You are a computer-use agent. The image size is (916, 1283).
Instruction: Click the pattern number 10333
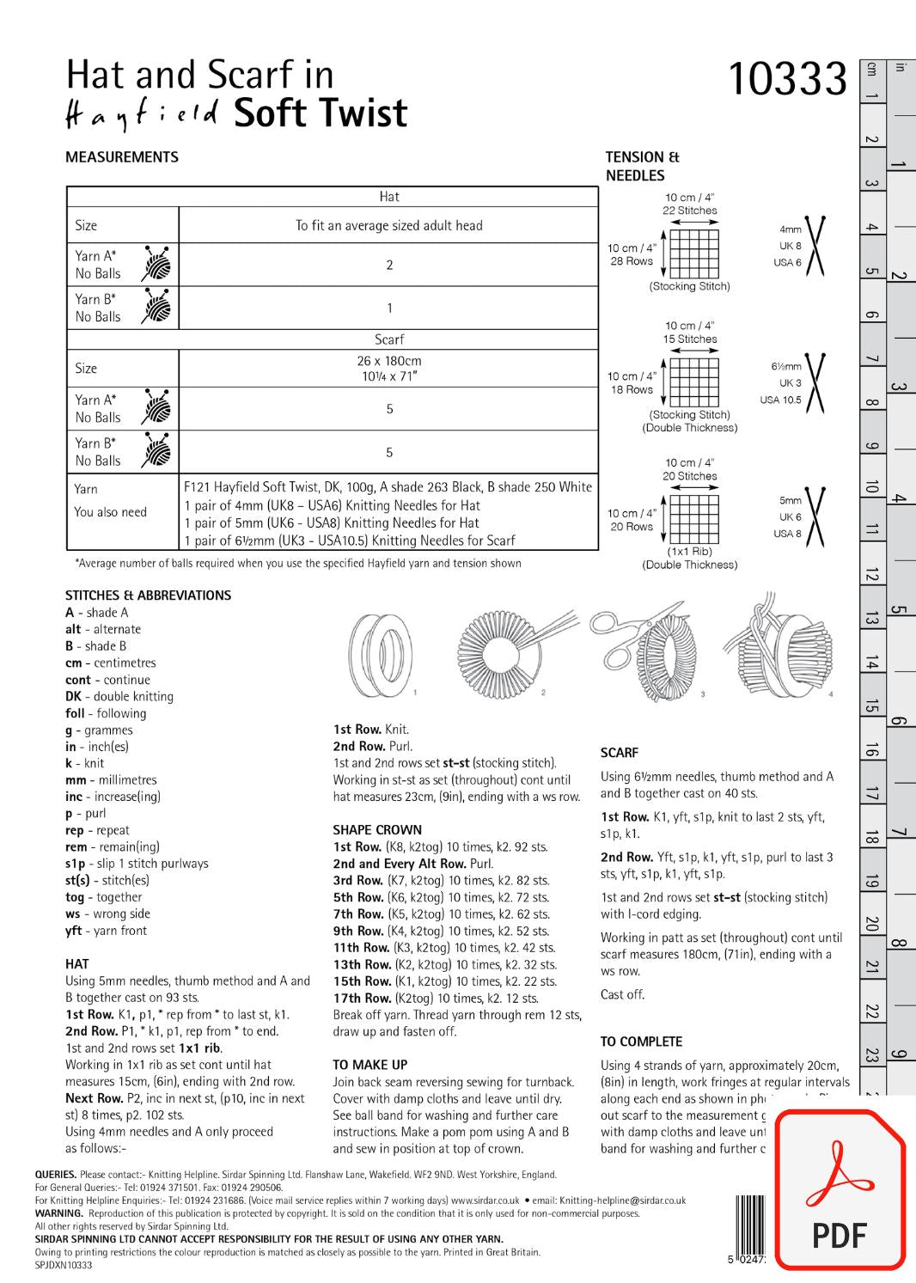click(787, 79)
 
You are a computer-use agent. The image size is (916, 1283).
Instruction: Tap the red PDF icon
click(840, 1190)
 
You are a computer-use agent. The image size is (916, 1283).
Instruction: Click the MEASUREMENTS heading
click(122, 157)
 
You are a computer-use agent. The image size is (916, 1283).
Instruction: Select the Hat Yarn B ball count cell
click(388, 308)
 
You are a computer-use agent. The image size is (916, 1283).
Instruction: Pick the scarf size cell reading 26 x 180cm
click(388, 368)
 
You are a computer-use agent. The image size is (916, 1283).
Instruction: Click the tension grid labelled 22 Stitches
click(693, 254)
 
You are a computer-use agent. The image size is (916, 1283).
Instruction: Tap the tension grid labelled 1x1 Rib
click(693, 519)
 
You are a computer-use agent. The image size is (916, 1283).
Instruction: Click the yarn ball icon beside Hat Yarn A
click(156, 264)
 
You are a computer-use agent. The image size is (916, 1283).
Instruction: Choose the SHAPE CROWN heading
click(377, 830)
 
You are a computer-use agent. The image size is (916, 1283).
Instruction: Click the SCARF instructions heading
click(620, 753)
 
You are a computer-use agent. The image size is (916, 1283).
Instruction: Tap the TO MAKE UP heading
click(370, 1065)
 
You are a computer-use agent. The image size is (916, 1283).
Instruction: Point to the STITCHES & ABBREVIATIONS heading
click(148, 596)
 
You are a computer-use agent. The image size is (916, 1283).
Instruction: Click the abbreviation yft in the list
click(74, 931)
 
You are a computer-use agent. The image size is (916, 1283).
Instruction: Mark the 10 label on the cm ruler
click(871, 487)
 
